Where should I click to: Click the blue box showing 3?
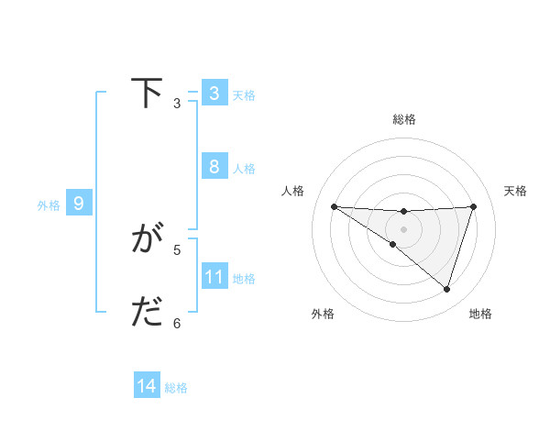pyautogui.click(x=214, y=94)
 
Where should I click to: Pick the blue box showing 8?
pyautogui.click(x=214, y=167)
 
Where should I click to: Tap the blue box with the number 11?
pyautogui.click(x=214, y=277)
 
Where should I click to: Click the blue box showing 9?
pyautogui.click(x=79, y=204)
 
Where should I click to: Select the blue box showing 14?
pyautogui.click(x=147, y=387)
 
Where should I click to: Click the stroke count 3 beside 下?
pyautogui.click(x=177, y=104)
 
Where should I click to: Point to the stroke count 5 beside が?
pyautogui.click(x=177, y=249)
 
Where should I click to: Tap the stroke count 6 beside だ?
pyautogui.click(x=177, y=323)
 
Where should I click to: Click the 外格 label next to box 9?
pyautogui.click(x=49, y=205)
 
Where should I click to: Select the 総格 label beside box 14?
pyautogui.click(x=176, y=388)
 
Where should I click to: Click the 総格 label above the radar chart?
pyautogui.click(x=404, y=119)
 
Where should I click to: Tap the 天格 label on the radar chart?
pyautogui.click(x=516, y=191)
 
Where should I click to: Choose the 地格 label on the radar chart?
pyautogui.click(x=480, y=314)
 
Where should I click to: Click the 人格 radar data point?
pyautogui.click(x=334, y=206)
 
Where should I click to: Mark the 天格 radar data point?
pyautogui.click(x=474, y=206)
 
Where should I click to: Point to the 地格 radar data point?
pyautogui.click(x=447, y=289)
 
